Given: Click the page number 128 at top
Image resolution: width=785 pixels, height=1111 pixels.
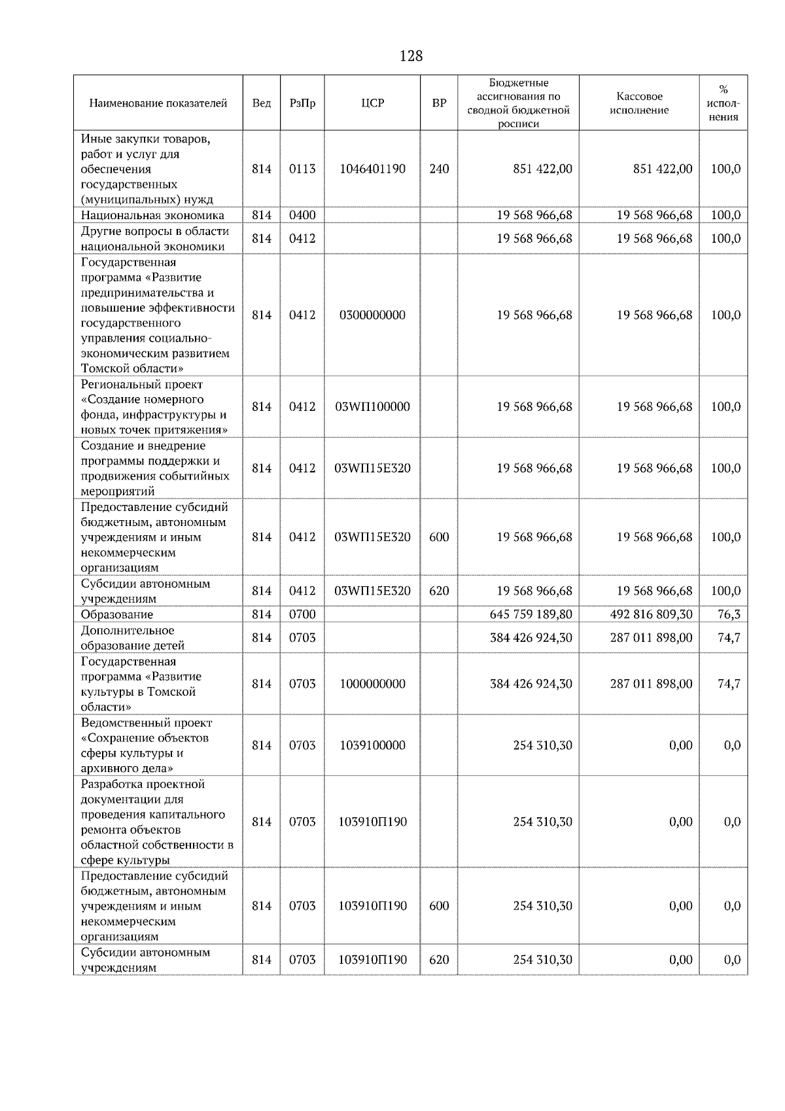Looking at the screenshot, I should pos(411,56).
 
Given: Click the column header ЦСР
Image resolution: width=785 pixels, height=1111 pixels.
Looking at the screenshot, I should pos(372,103).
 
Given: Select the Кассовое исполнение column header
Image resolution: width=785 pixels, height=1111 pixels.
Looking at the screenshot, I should pos(639,103).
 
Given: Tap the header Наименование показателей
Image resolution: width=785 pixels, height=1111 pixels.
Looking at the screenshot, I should pos(158,103).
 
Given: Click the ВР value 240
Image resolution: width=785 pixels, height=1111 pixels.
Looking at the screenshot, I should pos(439,169).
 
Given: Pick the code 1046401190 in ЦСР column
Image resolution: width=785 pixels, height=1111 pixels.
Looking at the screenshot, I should pos(372,169).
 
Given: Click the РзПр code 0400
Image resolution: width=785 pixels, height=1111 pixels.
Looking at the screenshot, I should pos(302,215).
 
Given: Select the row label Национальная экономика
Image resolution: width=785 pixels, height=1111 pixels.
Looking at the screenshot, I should pos(152,215).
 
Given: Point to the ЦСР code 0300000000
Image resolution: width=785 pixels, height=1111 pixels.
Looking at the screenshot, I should pos(372,315).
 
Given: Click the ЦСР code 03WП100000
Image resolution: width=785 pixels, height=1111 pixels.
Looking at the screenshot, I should pos(372,406).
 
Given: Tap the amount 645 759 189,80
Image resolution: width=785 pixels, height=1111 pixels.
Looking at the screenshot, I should pos(531,614).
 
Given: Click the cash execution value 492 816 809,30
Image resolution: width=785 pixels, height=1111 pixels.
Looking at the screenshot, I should pos(651,614).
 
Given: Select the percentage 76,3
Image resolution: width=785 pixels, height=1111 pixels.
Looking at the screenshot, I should pos(729,614).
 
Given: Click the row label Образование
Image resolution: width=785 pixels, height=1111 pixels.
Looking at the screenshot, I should pos(117,614).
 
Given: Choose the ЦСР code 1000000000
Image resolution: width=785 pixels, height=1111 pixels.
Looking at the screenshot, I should pos(372,684).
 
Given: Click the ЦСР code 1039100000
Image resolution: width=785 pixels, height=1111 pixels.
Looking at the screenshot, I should pos(372,745).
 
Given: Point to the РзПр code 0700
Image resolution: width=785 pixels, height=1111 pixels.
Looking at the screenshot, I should pos(302,614).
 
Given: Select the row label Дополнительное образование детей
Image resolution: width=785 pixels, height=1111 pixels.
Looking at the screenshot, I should pos(133,637).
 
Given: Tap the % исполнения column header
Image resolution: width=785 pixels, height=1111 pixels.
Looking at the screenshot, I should pos(723,103).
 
